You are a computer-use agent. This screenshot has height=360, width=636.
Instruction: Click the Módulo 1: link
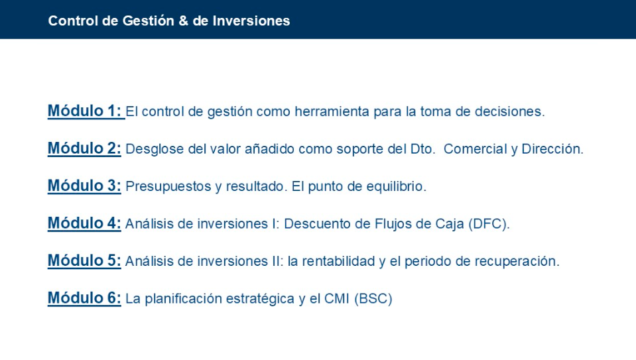tap(84, 111)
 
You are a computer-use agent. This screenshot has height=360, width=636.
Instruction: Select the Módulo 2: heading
tap(84, 149)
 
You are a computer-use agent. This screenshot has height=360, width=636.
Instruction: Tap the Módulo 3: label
tap(84, 186)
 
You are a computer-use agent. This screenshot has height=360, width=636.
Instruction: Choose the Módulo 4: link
tap(84, 223)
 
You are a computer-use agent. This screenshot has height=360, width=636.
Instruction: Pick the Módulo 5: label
tap(84, 261)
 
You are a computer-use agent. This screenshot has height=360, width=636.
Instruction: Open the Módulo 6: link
tap(84, 298)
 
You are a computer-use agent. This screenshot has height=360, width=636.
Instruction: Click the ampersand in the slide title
tap(183, 21)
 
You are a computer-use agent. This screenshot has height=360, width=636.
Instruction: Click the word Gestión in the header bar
tap(148, 21)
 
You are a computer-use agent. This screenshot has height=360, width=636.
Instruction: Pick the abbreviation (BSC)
tap(373, 299)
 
